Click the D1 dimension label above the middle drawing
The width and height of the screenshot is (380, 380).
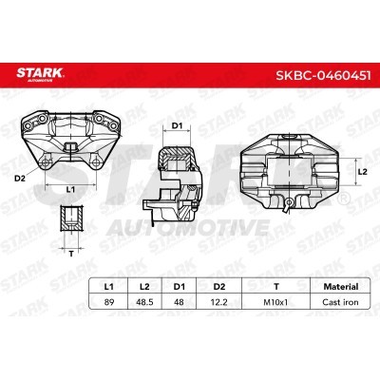(x=176, y=124)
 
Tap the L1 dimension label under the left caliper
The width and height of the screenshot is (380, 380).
(x=69, y=190)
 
